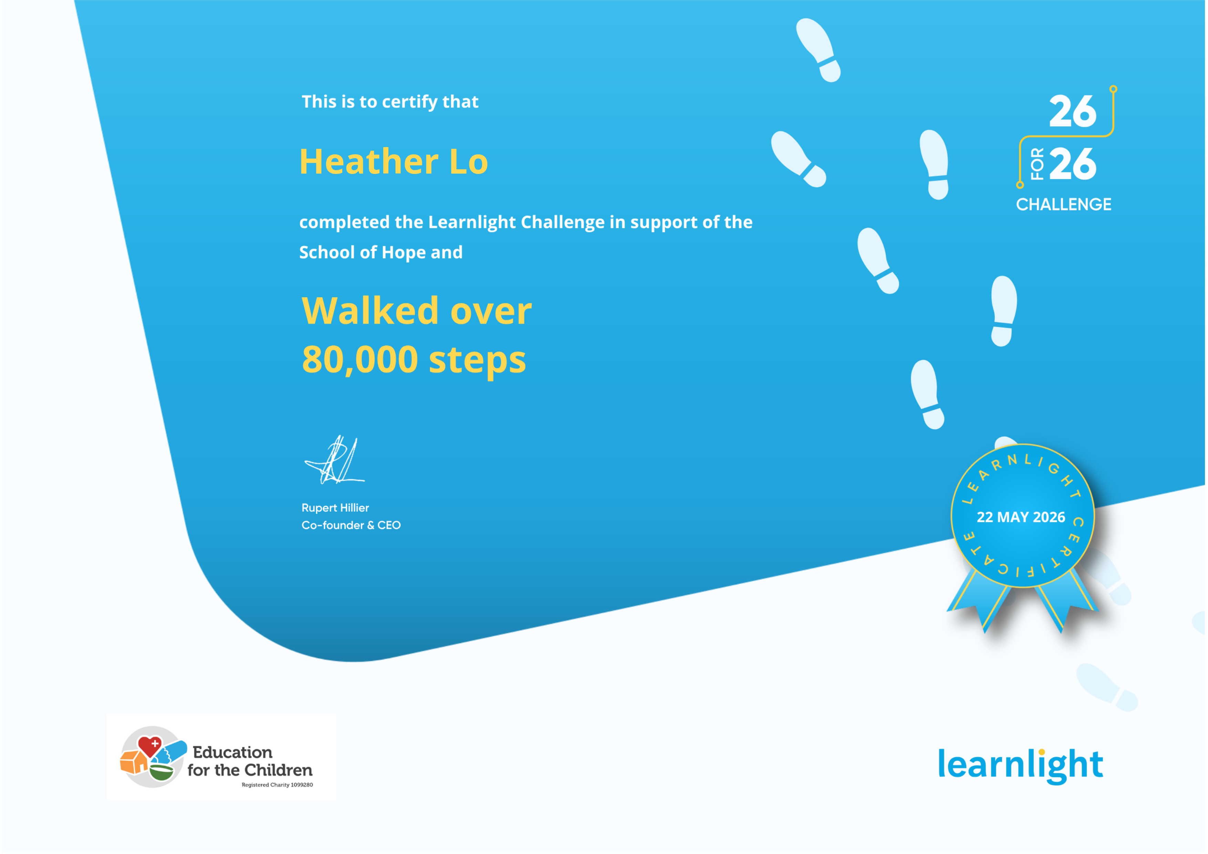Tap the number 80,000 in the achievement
pos(360,360)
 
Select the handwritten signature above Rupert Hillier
pos(335,460)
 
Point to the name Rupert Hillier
pos(335,508)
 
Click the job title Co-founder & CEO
pos(351,525)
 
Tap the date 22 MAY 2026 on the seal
pos(1021,517)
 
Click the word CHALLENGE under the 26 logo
pos(1063,204)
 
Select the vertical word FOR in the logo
pos(1037,164)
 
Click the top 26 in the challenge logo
pos(1072,112)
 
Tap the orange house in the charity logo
pos(134,761)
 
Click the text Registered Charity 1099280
pos(277,784)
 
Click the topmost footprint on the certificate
pos(818,50)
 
